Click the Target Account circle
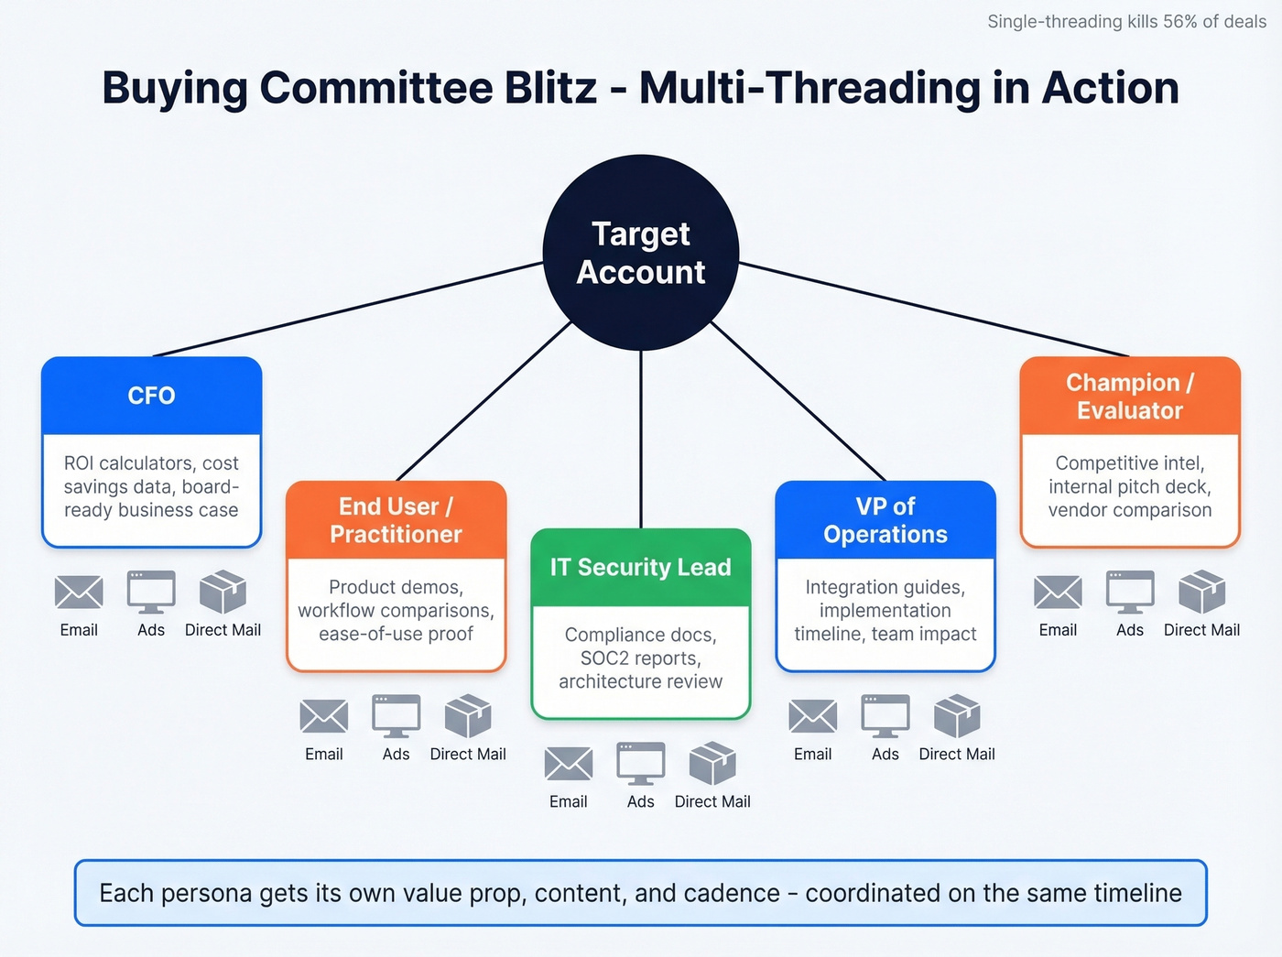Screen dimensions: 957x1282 click(x=641, y=253)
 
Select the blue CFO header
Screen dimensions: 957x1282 click(x=152, y=396)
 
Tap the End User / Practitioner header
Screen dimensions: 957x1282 click(x=396, y=520)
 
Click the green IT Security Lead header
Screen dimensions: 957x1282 click(x=640, y=568)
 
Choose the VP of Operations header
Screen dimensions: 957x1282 click(x=885, y=520)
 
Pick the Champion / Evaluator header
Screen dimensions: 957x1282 click(x=1129, y=397)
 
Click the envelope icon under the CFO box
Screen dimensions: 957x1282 click(x=79, y=593)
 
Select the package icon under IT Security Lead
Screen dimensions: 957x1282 click(x=712, y=764)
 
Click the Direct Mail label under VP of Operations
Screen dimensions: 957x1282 click(x=956, y=754)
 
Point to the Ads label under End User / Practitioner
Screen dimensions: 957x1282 click(x=396, y=754)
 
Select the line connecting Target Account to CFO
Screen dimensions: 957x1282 click(x=348, y=310)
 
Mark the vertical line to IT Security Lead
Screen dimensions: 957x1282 click(x=641, y=440)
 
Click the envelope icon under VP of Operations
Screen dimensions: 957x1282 click(x=813, y=716)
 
